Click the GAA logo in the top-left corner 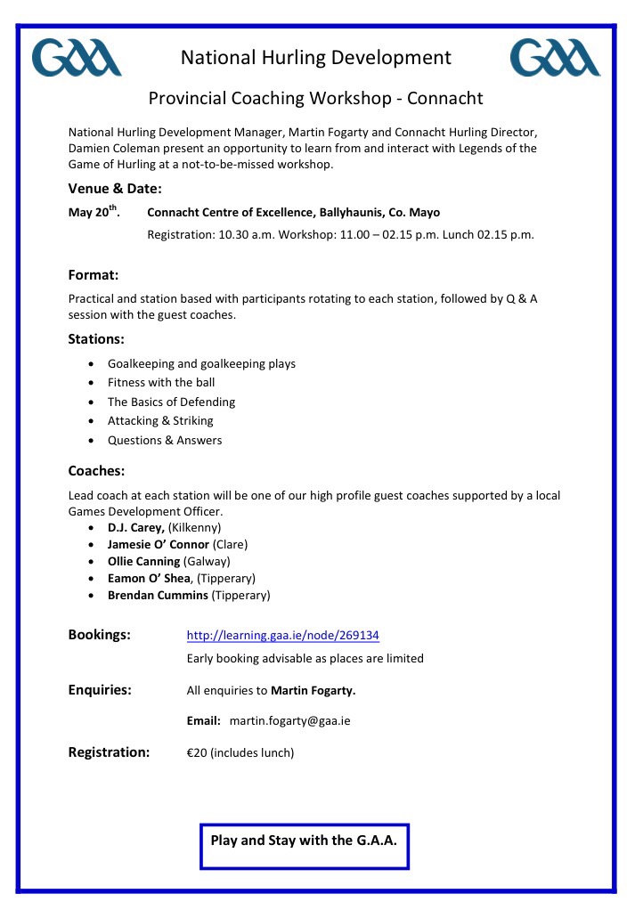click(x=77, y=58)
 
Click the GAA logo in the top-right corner click(x=555, y=58)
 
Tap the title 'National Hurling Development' click(x=316, y=59)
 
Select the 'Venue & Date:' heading click(x=115, y=189)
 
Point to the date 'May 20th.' click(x=94, y=213)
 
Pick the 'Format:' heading click(x=94, y=275)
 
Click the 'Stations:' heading click(x=96, y=339)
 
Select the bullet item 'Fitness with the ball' click(x=161, y=383)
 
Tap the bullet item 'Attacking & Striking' click(x=160, y=421)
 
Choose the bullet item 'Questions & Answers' click(x=165, y=441)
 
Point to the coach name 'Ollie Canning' click(x=143, y=562)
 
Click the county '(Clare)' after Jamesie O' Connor click(x=231, y=545)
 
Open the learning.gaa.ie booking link click(x=283, y=636)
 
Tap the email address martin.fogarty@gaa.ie click(x=289, y=721)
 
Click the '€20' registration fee click(x=196, y=753)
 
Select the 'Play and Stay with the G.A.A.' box click(x=304, y=841)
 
